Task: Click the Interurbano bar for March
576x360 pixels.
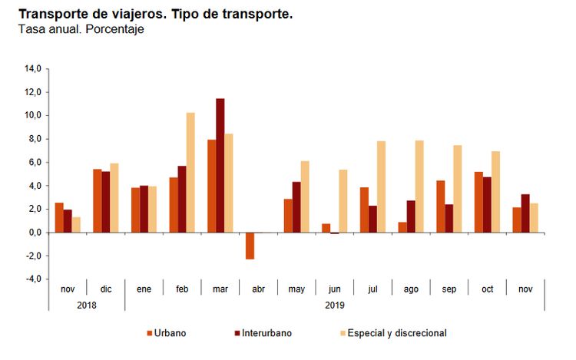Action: click(x=220, y=165)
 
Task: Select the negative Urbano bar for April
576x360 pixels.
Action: click(x=250, y=246)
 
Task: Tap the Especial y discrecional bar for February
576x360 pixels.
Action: click(x=190, y=173)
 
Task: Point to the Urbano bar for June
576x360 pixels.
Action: click(x=326, y=228)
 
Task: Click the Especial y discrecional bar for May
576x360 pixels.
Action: click(x=305, y=197)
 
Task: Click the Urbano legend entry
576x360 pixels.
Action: click(x=166, y=333)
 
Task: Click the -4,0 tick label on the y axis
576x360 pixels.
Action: click(x=31, y=279)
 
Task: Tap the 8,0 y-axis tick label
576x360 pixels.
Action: click(x=33, y=139)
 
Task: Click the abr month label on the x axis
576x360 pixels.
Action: click(x=258, y=289)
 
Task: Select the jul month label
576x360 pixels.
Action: click(x=372, y=289)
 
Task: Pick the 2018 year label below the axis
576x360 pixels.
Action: click(x=87, y=304)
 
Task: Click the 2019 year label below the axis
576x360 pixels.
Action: click(x=334, y=304)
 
